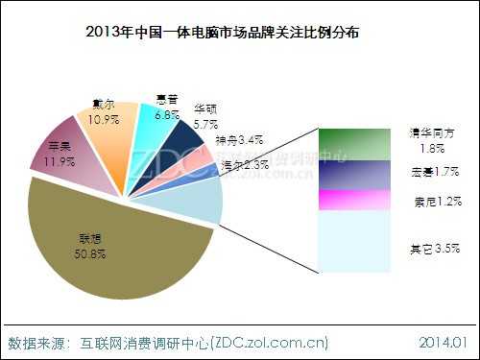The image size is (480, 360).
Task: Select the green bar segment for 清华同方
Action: click(x=356, y=145)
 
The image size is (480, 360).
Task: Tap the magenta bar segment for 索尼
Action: click(x=356, y=200)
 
